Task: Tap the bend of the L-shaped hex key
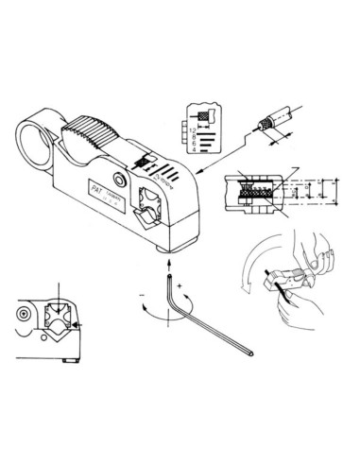167,317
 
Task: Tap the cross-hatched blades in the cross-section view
255,194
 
